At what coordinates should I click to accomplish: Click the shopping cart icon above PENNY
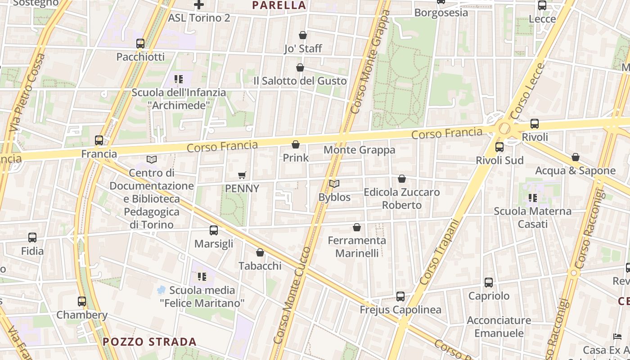[x=242, y=175]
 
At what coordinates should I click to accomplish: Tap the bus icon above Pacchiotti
[x=140, y=44]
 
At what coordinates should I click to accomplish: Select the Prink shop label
[x=296, y=157]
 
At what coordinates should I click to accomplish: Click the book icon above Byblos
[x=334, y=184]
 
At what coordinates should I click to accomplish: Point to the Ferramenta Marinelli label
[x=357, y=247]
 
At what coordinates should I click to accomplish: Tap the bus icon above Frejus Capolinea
[x=400, y=297]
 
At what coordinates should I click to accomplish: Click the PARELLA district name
[x=279, y=5]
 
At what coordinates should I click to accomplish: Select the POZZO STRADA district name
[x=149, y=342]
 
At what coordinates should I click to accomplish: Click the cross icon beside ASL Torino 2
[x=199, y=4]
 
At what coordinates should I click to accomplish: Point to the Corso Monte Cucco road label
[x=297, y=295]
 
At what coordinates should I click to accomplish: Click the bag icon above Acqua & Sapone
[x=576, y=157]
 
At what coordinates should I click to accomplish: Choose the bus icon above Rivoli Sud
[x=499, y=147]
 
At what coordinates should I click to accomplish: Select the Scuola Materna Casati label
[x=533, y=217]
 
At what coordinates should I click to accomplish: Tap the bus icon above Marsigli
[x=214, y=230]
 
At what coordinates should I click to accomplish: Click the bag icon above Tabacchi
[x=260, y=252]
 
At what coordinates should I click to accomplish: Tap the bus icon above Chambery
[x=81, y=301]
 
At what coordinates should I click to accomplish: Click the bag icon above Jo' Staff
[x=303, y=35]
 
